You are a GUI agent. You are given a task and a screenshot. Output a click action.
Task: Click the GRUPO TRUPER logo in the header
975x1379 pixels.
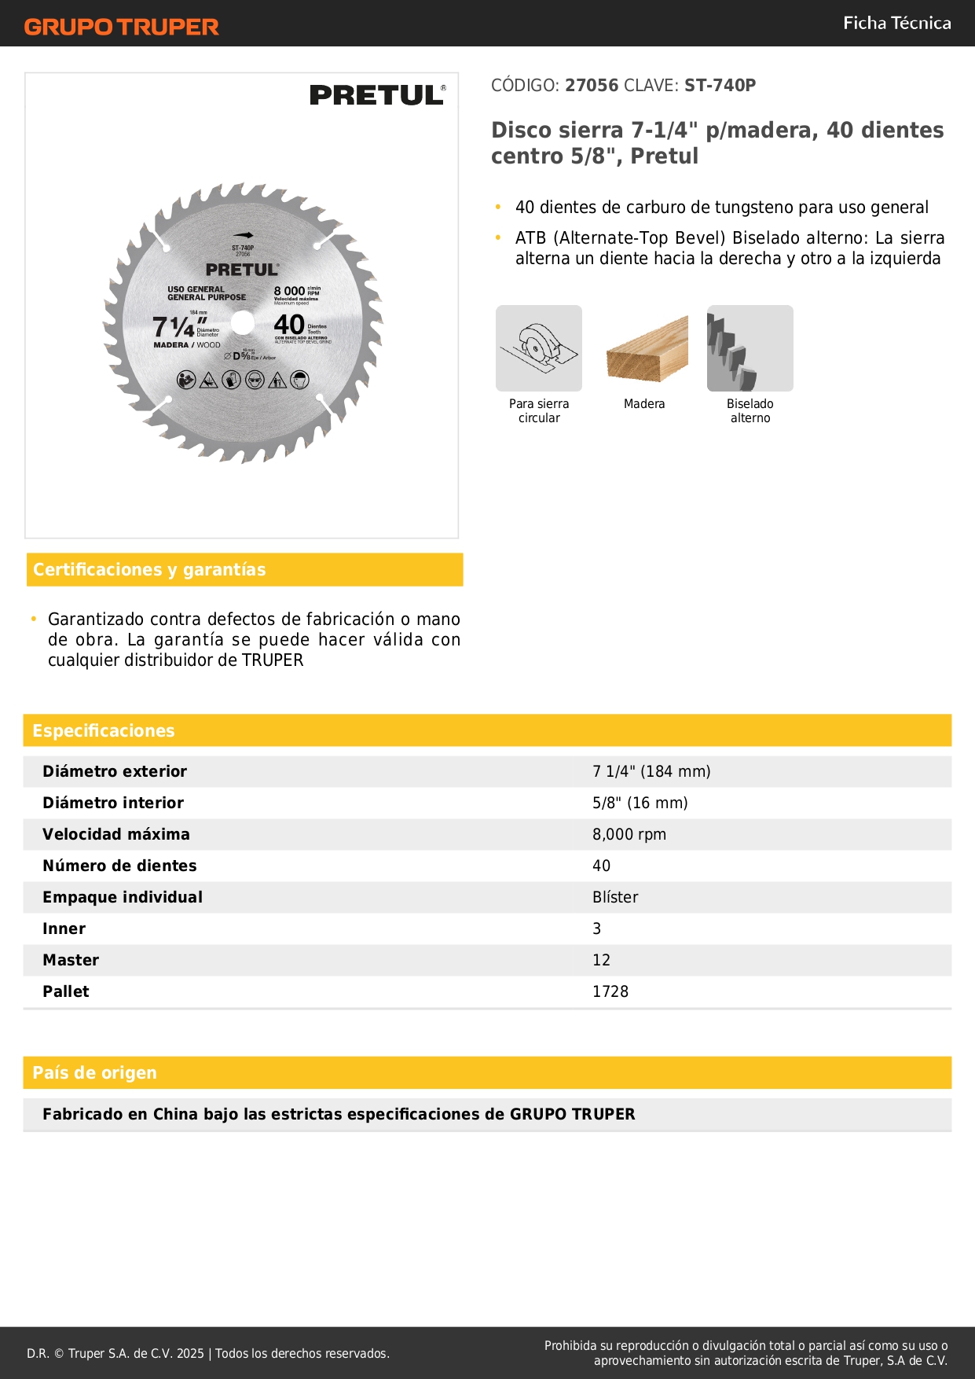[121, 27]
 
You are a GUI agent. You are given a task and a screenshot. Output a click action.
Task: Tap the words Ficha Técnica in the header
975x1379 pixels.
[896, 23]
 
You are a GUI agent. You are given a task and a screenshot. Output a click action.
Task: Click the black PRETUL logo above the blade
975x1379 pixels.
[377, 95]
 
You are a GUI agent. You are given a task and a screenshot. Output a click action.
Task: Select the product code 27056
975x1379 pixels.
[592, 86]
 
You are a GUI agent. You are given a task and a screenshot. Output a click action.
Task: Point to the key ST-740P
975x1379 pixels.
[720, 86]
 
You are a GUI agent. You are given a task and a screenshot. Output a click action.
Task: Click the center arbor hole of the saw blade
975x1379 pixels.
[243, 322]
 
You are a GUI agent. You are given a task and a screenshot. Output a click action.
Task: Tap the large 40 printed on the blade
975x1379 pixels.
[289, 324]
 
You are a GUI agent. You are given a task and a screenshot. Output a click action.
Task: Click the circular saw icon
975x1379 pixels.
[539, 348]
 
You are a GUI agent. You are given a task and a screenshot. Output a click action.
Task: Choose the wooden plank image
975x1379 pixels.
[647, 348]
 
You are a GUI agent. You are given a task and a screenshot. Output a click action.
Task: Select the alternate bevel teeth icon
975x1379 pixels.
[750, 348]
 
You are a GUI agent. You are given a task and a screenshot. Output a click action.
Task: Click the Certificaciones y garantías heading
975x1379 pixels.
[149, 570]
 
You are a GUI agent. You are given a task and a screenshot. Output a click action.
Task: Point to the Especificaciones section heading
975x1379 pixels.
[104, 731]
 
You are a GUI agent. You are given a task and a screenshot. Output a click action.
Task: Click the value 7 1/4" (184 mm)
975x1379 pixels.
[651, 771]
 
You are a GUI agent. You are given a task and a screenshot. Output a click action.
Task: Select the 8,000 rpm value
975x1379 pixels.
[629, 834]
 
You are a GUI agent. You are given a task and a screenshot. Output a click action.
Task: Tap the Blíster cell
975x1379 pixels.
[615, 897]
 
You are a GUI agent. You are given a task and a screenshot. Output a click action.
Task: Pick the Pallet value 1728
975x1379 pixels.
[610, 991]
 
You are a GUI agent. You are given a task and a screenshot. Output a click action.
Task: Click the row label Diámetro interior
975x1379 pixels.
[113, 803]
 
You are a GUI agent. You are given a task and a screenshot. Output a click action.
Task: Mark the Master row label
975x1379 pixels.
[71, 960]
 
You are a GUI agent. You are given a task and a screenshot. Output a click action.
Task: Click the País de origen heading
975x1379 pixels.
[94, 1073]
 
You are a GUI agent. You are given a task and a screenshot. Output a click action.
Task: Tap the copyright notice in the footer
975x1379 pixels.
[208, 1353]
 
